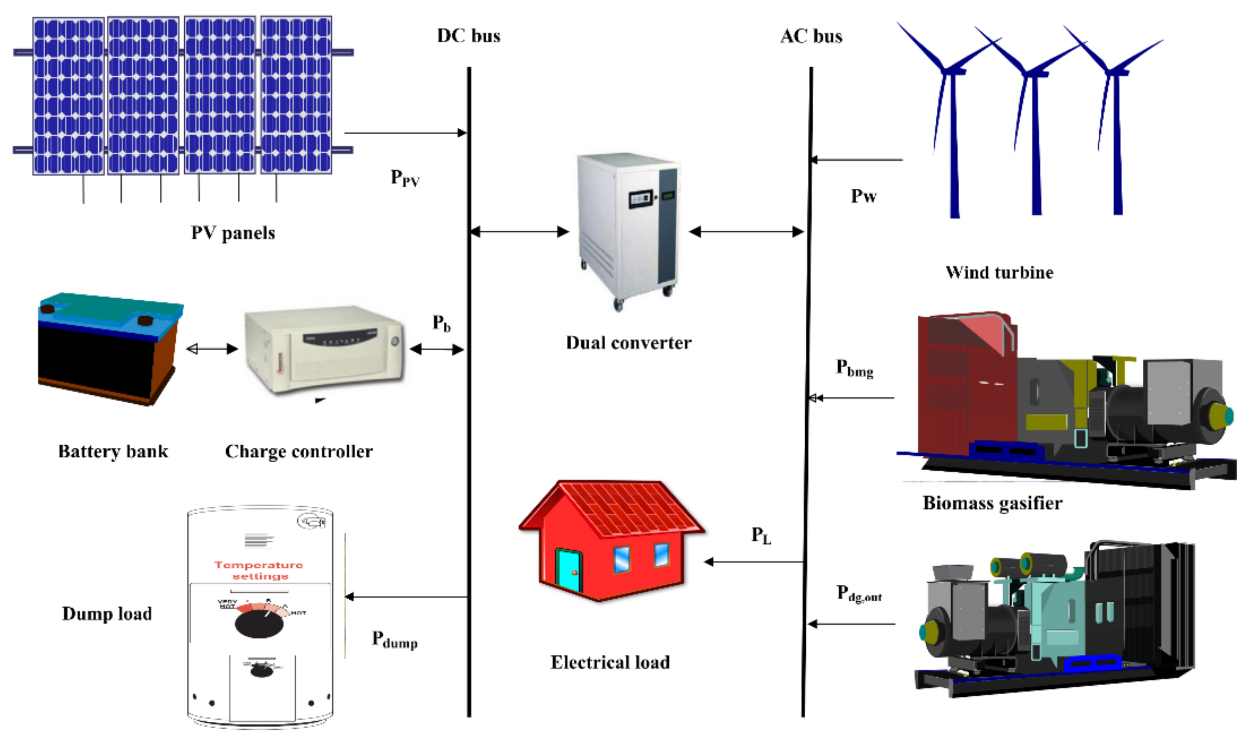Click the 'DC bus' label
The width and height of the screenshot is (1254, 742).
click(x=469, y=36)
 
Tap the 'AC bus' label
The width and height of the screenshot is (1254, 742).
click(x=811, y=37)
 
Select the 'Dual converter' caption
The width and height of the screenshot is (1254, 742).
click(x=628, y=343)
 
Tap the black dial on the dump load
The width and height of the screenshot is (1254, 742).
click(x=259, y=625)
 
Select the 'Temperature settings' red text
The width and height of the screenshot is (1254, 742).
click(x=259, y=570)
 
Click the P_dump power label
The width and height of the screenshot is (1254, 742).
click(x=394, y=640)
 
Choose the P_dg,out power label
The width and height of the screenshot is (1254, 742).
click(x=859, y=594)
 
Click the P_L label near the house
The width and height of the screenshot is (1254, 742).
click(x=761, y=535)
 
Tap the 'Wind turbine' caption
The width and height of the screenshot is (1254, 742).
click(x=999, y=273)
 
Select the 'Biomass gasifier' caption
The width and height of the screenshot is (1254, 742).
click(x=992, y=503)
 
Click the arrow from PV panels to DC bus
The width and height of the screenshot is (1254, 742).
click(x=405, y=133)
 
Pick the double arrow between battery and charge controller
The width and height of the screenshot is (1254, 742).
click(x=212, y=349)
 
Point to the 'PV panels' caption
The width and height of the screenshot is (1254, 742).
click(x=233, y=233)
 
